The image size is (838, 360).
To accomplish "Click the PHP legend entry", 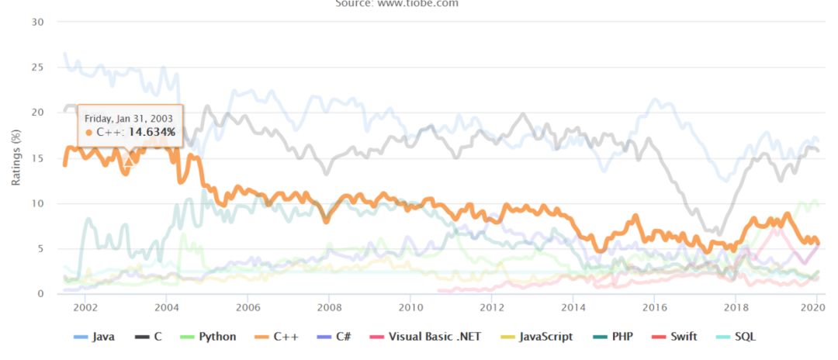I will tap(619, 337).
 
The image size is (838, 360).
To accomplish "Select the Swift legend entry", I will tap(680, 337).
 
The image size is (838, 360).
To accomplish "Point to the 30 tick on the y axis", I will tap(37, 22).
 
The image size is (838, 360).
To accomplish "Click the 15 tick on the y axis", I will tap(37, 158).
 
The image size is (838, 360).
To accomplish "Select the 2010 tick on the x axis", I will tap(410, 307).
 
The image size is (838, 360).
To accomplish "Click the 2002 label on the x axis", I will tap(85, 307).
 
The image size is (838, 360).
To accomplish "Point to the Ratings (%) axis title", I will tap(16, 157).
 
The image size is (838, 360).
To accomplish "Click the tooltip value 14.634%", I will tap(152, 133).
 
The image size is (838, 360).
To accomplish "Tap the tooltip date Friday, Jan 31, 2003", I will tap(129, 118).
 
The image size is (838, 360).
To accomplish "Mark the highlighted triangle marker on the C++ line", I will tap(129, 160).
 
